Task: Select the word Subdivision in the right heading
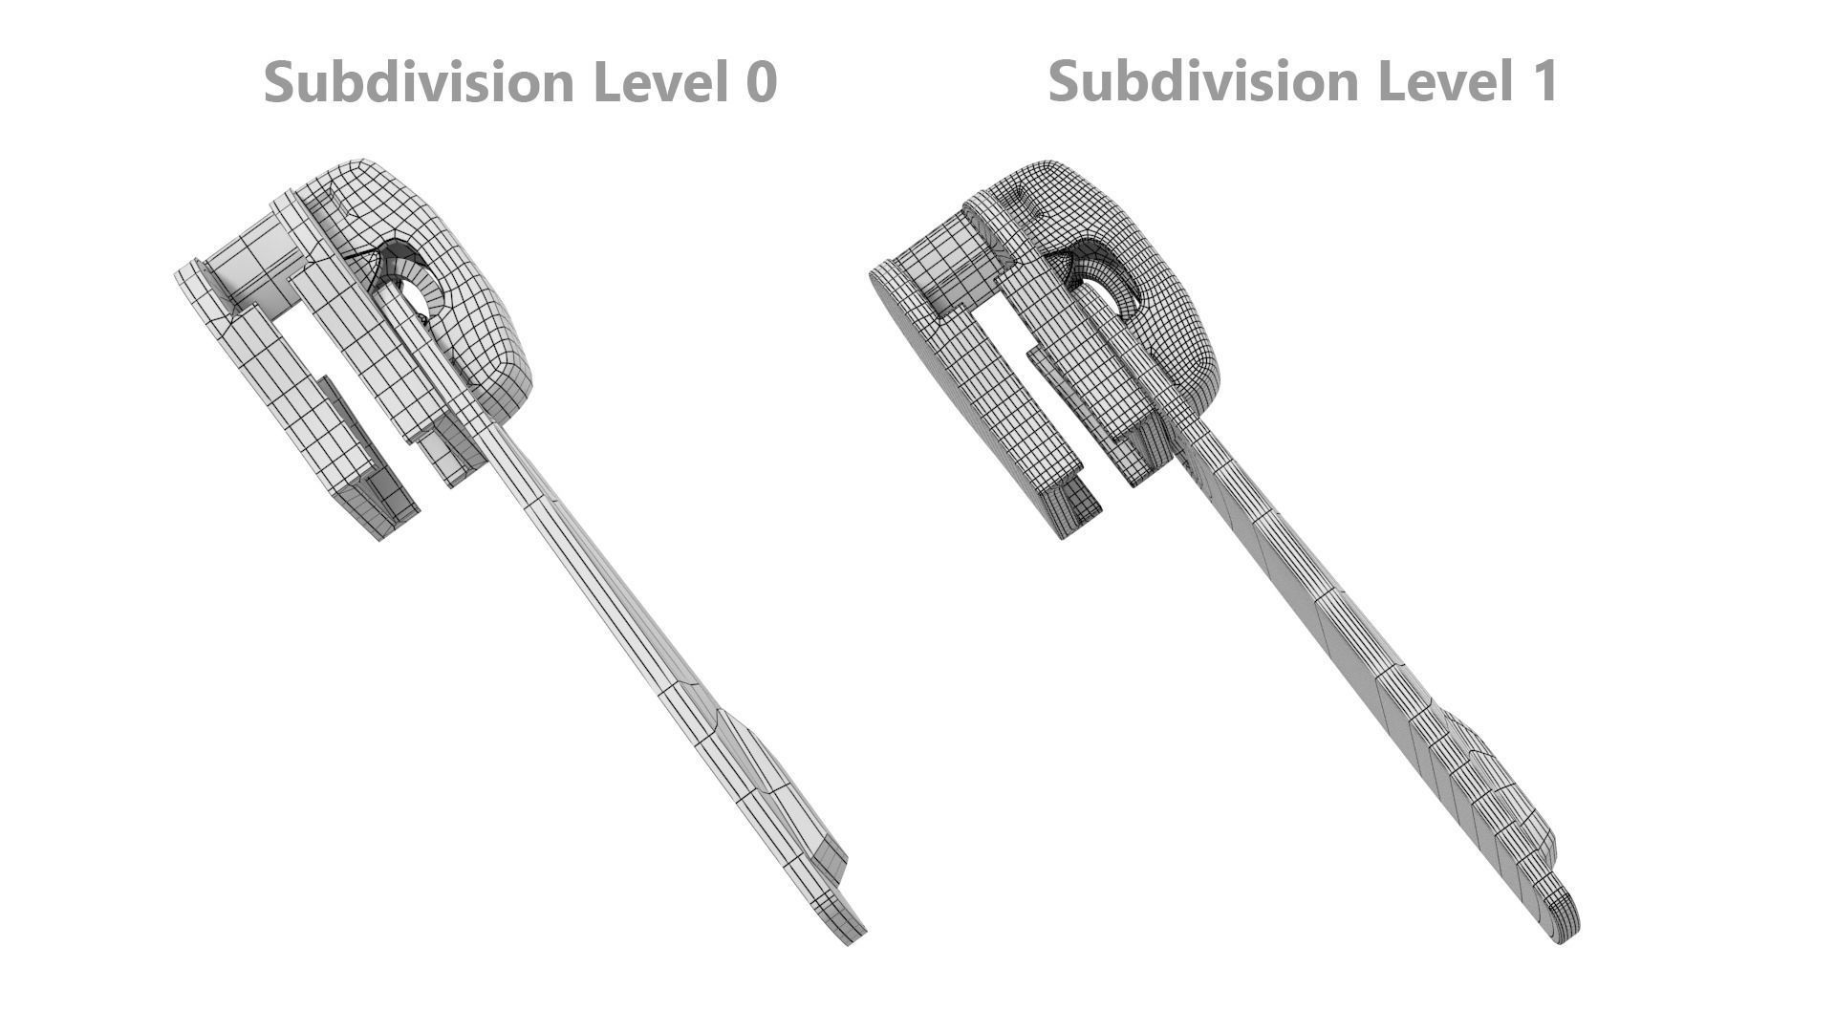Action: coord(1205,80)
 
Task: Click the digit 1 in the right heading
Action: coord(1544,80)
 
